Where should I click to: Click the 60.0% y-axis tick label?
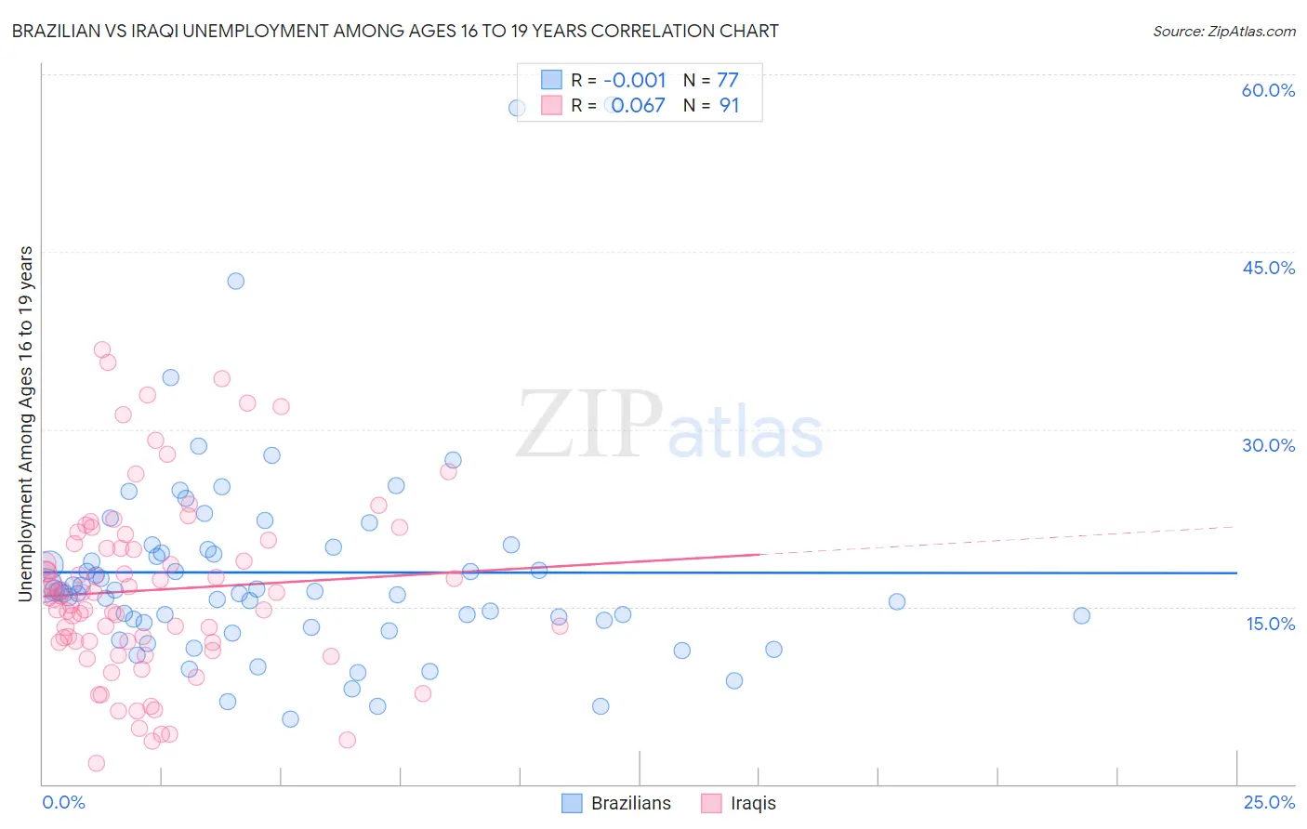click(x=1268, y=90)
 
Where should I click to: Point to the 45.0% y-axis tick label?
click(x=1268, y=268)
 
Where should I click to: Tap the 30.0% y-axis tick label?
click(x=1268, y=445)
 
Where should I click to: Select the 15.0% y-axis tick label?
click(x=1270, y=623)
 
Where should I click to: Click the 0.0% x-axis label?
click(x=63, y=802)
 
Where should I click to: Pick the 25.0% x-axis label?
click(x=1269, y=802)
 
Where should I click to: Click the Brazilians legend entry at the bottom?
click(x=617, y=803)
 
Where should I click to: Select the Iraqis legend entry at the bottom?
click(x=739, y=803)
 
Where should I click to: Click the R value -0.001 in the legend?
click(x=634, y=80)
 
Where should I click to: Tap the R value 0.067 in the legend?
click(x=638, y=105)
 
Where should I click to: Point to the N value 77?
click(x=727, y=80)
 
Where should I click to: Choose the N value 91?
click(x=729, y=105)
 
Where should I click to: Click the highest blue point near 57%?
click(x=517, y=108)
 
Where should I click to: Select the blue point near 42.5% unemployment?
click(x=236, y=281)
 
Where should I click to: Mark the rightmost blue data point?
click(x=1081, y=615)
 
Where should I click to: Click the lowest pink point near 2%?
click(x=96, y=763)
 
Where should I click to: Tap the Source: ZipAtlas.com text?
click(x=1223, y=31)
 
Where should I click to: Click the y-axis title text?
click(x=25, y=423)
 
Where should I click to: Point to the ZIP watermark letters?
click(x=589, y=426)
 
